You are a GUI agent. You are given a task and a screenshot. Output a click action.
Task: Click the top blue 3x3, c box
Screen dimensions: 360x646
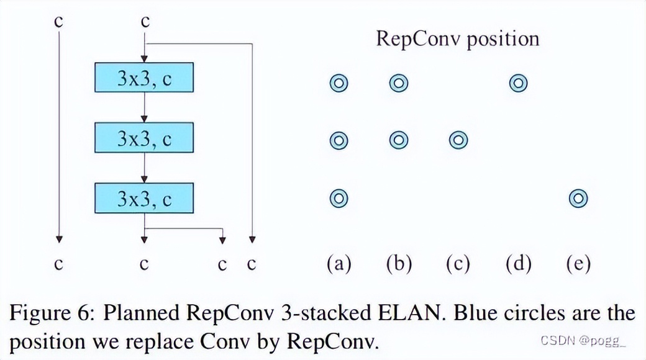point(144,78)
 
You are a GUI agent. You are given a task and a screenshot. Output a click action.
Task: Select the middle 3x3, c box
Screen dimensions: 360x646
point(144,138)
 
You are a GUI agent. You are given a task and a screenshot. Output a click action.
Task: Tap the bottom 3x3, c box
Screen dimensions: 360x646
point(144,198)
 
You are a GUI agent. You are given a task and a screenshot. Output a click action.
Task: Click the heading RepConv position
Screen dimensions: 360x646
point(457,39)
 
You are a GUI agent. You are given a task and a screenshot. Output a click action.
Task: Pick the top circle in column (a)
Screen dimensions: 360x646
point(339,83)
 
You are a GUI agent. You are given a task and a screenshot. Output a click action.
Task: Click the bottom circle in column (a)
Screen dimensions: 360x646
point(339,199)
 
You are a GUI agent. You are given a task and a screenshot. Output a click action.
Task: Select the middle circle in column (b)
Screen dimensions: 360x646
point(398,141)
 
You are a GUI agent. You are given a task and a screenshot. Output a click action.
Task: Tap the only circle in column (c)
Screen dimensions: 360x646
point(458,141)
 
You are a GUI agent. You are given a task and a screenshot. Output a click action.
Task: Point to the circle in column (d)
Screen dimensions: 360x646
point(518,83)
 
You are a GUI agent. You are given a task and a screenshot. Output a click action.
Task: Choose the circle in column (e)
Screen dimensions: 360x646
point(578,199)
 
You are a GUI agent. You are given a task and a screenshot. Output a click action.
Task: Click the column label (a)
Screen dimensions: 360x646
point(339,264)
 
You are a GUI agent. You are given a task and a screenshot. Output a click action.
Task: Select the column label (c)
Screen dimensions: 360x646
point(458,264)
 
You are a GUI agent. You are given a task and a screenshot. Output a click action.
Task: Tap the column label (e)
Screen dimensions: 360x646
point(578,264)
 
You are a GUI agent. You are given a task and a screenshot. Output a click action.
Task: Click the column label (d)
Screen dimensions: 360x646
point(518,264)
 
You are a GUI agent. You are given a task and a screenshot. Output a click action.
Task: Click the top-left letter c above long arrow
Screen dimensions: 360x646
point(58,21)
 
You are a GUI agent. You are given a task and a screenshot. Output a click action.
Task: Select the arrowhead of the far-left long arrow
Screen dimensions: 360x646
point(58,239)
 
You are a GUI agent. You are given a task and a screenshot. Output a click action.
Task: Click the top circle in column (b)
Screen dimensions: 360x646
point(398,83)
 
